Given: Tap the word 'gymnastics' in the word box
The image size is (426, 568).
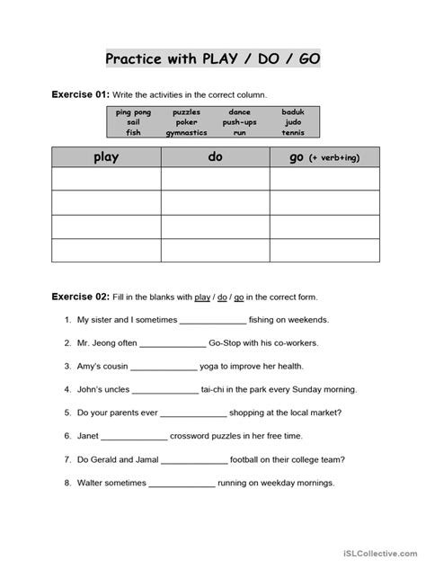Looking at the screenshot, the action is pos(187,131).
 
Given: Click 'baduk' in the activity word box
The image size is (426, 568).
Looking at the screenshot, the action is pos(292,112).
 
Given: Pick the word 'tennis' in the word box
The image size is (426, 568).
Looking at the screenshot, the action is pos(292,131).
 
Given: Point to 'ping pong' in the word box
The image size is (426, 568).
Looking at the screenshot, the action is pos(134,112).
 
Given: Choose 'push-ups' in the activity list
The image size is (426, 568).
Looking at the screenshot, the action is pos(240,121).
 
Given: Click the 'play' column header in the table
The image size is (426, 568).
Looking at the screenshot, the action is pos(106,157).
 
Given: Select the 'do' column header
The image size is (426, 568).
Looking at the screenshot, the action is pos(215,157).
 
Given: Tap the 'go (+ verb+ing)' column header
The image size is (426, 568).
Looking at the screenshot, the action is pos(324,157).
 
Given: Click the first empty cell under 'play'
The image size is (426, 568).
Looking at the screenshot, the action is pos(106,180).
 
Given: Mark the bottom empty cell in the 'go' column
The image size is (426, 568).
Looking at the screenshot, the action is pos(324,250).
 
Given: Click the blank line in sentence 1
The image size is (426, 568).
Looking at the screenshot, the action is pos(213,320).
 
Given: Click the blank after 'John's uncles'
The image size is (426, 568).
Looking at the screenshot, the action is pos(164,389).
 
